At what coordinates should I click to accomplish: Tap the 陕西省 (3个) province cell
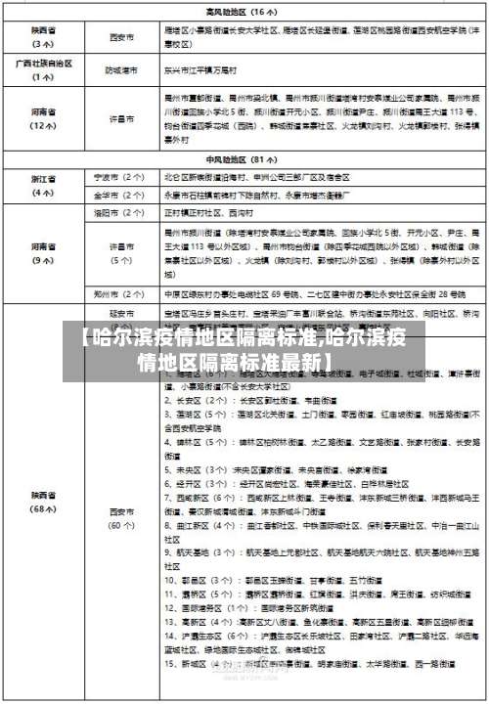click(43, 38)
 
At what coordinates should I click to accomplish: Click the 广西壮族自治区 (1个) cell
click(43, 70)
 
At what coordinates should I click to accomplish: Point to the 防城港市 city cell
click(121, 70)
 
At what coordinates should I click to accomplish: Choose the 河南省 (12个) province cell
click(43, 118)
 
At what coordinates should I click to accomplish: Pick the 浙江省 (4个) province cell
click(43, 186)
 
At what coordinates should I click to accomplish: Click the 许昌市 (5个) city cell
click(121, 252)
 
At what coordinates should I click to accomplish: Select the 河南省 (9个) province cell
click(43, 252)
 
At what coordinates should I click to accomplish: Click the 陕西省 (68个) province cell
click(43, 503)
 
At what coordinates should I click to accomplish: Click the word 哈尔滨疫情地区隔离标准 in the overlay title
click(196, 341)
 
